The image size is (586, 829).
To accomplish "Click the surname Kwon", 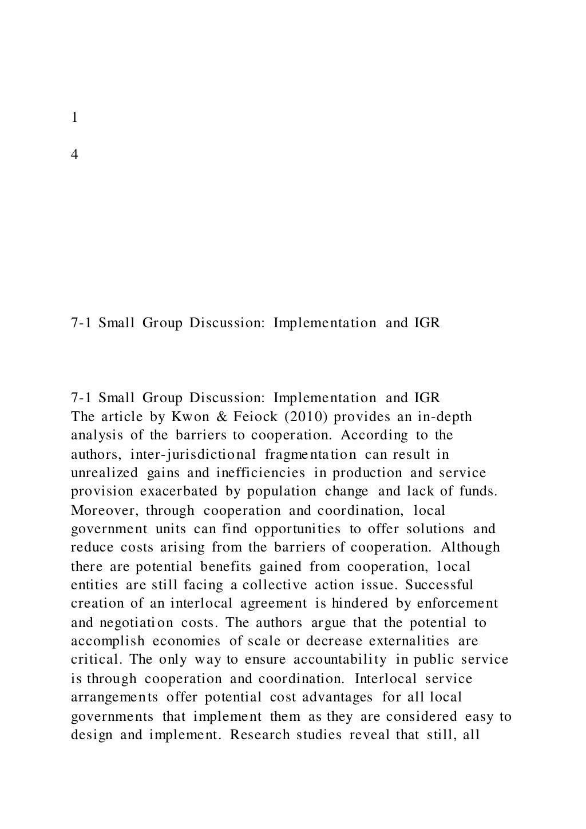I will point(183,417).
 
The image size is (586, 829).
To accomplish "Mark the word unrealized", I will point(104,473).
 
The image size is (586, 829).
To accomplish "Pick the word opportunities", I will point(297,529).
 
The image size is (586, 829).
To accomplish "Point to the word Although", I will point(470,548).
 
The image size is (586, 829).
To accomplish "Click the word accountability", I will point(340,660).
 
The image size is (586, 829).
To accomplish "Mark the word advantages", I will point(336,697).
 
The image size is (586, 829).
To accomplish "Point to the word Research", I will point(260,735).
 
